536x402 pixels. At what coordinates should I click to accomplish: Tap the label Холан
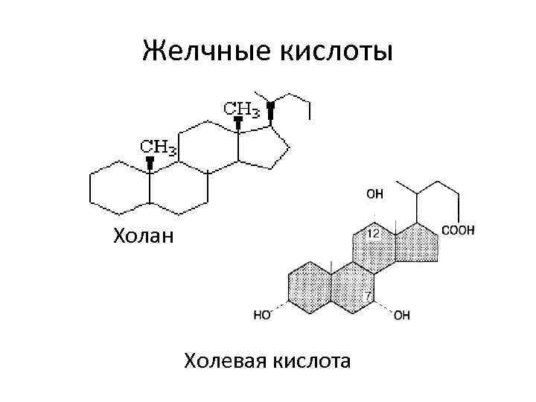tap(143, 237)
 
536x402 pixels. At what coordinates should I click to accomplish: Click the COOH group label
tap(459, 231)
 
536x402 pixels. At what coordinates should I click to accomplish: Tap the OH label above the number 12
tap(374, 194)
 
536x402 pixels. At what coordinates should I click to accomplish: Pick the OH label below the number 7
tap(401, 315)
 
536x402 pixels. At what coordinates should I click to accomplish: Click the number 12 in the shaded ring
tap(374, 233)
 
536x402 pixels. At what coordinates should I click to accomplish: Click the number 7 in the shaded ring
tap(368, 297)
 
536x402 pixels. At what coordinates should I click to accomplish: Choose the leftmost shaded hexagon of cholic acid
tap(306, 286)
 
